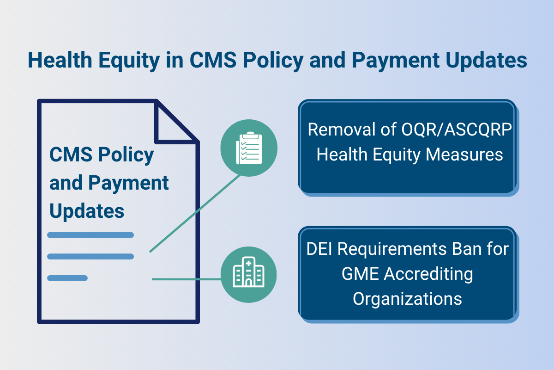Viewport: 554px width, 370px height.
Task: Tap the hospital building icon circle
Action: coord(249,275)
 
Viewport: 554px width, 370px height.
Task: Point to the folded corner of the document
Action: coord(175,121)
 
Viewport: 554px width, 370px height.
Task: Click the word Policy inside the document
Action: coord(129,155)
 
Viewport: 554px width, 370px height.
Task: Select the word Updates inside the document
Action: coord(87,211)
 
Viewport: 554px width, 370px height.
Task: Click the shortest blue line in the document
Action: coord(67,278)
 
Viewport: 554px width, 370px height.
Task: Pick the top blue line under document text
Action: coord(90,235)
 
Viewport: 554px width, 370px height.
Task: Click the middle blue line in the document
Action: coord(90,256)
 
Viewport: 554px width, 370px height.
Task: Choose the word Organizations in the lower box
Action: coord(407,298)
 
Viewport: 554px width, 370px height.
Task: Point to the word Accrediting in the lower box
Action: coord(429,274)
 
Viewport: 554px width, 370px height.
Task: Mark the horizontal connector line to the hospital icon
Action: coord(187,279)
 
